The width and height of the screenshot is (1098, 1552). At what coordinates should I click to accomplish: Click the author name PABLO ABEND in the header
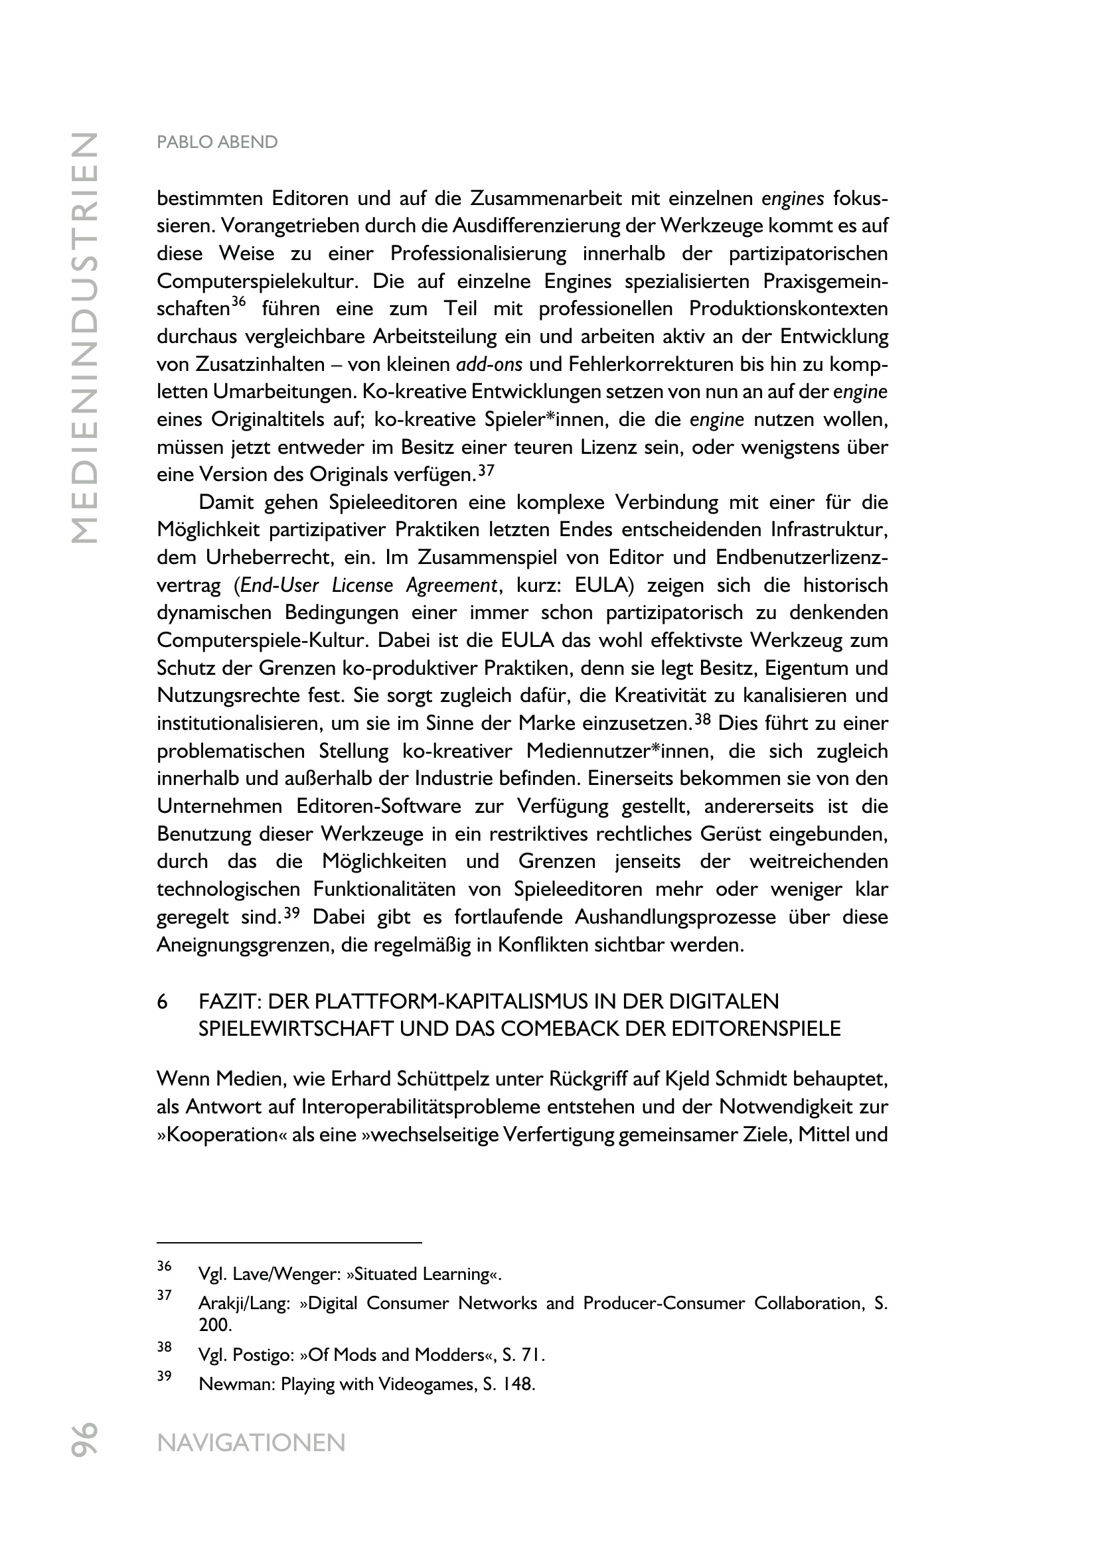click(x=217, y=143)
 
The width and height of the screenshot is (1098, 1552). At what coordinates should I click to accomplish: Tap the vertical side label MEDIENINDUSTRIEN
click(x=85, y=338)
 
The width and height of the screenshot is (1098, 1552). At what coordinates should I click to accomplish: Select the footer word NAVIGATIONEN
click(x=251, y=1443)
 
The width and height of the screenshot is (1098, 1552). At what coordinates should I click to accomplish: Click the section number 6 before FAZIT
click(x=162, y=1001)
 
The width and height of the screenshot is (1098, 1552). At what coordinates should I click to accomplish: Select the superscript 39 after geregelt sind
click(x=291, y=912)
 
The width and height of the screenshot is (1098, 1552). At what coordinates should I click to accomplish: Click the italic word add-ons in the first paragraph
click(x=489, y=365)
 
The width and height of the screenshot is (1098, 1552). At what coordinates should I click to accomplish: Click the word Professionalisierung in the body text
click(x=478, y=254)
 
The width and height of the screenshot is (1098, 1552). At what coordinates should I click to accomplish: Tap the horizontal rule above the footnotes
click(x=289, y=1242)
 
